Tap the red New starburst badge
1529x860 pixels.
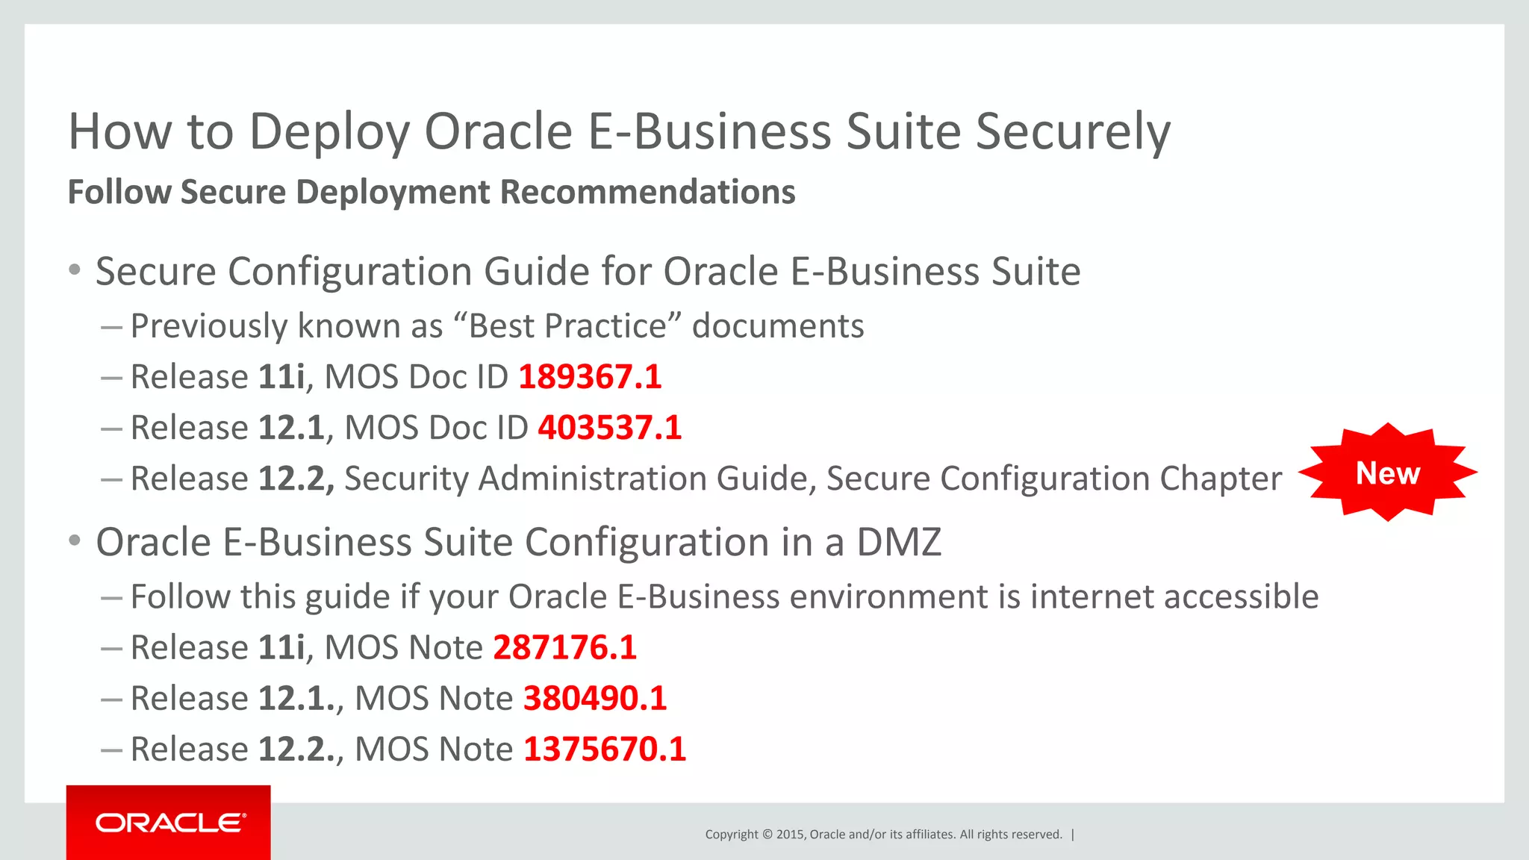click(x=1387, y=473)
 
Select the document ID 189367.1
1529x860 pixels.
click(x=590, y=377)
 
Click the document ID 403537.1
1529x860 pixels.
click(x=609, y=428)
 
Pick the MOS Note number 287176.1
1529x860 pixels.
click(x=564, y=647)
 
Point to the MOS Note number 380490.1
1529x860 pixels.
click(x=595, y=698)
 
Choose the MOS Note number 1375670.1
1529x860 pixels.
click(x=605, y=749)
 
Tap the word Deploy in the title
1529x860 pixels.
click(x=329, y=132)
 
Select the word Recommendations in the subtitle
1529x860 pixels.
click(x=647, y=192)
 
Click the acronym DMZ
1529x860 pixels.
click(x=899, y=542)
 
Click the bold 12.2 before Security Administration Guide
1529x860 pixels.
click(x=296, y=479)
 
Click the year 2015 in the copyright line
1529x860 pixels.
click(x=790, y=834)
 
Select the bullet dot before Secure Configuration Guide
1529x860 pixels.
click(x=74, y=269)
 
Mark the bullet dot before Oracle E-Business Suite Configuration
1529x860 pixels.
click(x=74, y=540)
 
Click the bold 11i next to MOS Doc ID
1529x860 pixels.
click(x=281, y=377)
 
